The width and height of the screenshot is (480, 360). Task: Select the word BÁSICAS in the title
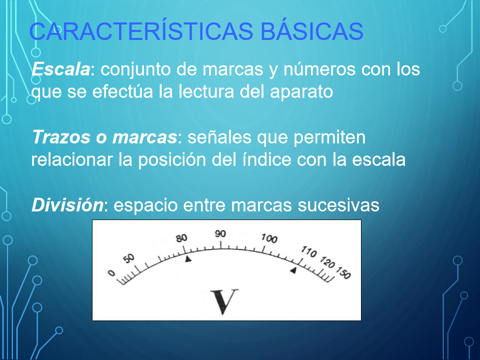(312, 30)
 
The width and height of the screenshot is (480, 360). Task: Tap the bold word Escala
(60, 69)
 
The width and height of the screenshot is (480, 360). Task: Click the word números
(319, 69)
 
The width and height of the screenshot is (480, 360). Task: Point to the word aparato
(301, 92)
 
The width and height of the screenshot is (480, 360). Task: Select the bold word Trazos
(61, 137)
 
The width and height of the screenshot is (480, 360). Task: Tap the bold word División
(67, 204)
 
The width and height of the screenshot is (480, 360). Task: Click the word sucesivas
(338, 205)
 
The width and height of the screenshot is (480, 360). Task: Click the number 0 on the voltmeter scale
(111, 273)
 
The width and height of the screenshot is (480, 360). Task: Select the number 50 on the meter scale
(129, 258)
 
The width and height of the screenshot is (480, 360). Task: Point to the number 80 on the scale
(181, 238)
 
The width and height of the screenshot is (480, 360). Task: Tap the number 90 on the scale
(220, 234)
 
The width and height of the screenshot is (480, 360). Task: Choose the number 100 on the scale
(269, 238)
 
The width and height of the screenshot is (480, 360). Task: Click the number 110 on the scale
(308, 251)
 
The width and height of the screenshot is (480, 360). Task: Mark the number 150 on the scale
(343, 273)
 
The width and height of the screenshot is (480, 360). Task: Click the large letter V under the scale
(224, 301)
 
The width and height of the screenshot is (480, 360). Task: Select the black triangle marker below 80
(188, 259)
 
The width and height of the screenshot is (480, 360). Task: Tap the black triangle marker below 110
(293, 270)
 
